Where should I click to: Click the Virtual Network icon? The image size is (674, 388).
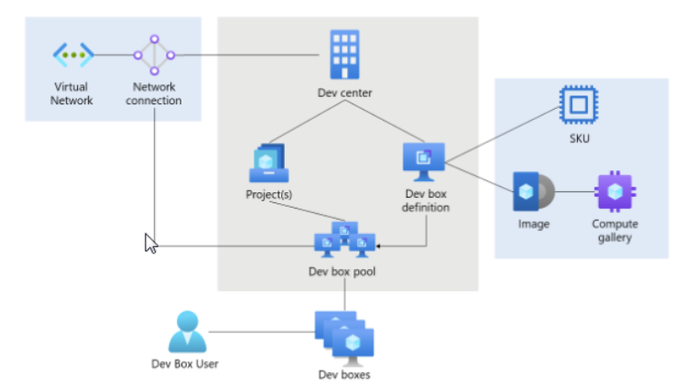(73, 55)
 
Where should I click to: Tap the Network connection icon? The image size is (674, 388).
(154, 55)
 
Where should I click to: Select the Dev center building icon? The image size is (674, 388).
(345, 55)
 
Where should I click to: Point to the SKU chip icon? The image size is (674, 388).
(579, 105)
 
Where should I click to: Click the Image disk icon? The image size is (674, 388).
(533, 191)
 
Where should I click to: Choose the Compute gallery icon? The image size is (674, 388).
(614, 191)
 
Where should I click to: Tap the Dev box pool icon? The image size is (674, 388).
(344, 239)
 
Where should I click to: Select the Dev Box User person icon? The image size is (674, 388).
(187, 331)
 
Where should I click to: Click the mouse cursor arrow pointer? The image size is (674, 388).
(151, 243)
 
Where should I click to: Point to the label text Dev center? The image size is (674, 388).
(344, 94)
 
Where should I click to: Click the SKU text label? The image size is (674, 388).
(579, 138)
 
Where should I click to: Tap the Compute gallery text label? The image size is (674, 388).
(614, 231)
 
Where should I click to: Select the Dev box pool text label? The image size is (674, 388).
(344, 272)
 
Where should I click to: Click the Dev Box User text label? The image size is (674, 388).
(185, 364)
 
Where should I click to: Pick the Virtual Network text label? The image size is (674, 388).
(72, 94)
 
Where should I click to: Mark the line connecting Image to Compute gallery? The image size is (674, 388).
(574, 192)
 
